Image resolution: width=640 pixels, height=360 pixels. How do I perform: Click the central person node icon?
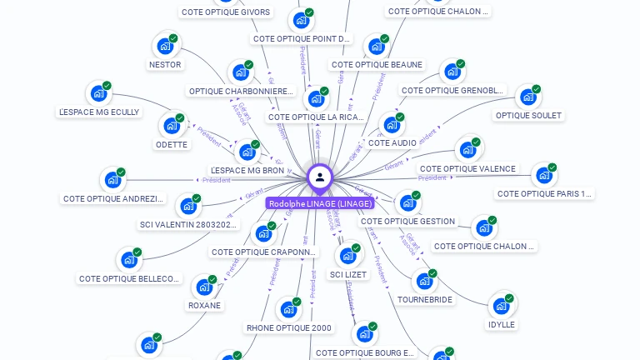click(x=320, y=177)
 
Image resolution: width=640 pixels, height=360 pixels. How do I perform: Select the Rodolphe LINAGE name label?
click(x=320, y=203)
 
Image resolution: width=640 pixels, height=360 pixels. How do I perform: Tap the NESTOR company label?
click(x=165, y=65)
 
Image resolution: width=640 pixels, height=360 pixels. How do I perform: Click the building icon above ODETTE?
click(x=172, y=126)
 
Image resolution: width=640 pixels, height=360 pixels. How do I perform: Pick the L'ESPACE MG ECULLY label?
click(x=99, y=112)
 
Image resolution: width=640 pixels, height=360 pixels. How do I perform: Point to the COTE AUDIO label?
click(x=392, y=143)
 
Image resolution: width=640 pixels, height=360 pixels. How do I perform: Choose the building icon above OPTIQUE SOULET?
click(x=527, y=97)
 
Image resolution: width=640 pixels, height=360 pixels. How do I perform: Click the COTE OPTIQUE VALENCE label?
click(x=467, y=169)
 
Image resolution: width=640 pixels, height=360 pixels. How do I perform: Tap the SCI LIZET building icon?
click(x=347, y=256)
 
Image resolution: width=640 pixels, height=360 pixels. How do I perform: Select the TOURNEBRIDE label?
click(x=425, y=300)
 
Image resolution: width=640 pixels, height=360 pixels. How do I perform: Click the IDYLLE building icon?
click(x=500, y=306)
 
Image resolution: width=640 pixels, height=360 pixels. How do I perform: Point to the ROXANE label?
click(x=204, y=306)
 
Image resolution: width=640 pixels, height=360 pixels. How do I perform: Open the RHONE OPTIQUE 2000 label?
click(x=289, y=328)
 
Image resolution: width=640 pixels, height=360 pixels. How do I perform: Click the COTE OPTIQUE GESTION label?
click(x=408, y=222)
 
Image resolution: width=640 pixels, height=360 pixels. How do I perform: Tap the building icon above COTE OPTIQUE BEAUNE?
click(x=377, y=47)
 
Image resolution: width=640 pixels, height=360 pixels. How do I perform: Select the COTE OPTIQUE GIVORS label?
click(x=226, y=12)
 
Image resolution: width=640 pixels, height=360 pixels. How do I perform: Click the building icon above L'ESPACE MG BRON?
click(x=247, y=152)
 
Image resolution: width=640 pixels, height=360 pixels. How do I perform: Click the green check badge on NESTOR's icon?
click(x=173, y=38)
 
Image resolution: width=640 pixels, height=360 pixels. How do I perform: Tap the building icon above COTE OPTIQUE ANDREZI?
click(x=112, y=180)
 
